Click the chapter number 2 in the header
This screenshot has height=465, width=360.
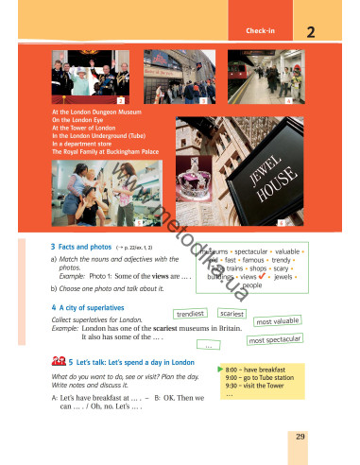pos(311,33)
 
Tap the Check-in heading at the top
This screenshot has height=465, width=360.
pos(260,32)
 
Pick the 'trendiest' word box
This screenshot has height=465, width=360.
pos(192,313)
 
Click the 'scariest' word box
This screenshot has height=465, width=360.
pos(231,313)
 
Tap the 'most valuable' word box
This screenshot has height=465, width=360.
pos(277,321)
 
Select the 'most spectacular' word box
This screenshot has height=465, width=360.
pos(274,338)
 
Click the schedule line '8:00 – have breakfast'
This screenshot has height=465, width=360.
pos(262,369)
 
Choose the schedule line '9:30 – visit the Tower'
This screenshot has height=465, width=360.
pos(262,386)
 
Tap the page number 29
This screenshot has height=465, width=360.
pos(300,435)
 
